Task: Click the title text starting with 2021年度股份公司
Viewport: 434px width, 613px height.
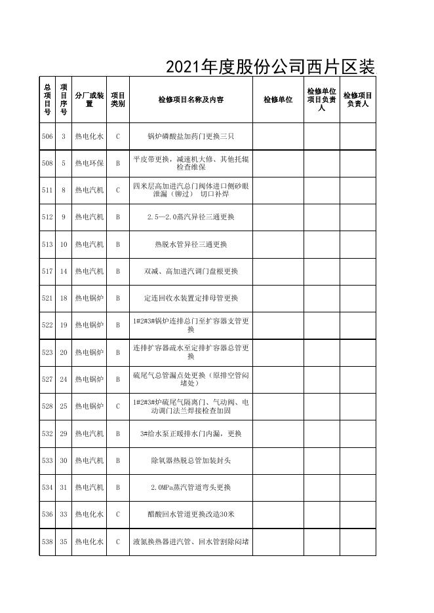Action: [270, 67]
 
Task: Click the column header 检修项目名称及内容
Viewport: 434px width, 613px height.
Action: [191, 100]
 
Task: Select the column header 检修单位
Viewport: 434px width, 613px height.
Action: [278, 100]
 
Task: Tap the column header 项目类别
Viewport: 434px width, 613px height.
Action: [118, 100]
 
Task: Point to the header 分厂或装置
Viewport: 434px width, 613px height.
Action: [89, 100]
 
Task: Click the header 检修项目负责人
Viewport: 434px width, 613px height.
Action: [358, 100]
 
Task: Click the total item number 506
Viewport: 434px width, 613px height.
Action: [47, 137]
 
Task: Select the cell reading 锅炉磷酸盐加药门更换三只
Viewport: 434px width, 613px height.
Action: [191, 137]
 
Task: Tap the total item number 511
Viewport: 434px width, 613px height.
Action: [47, 190]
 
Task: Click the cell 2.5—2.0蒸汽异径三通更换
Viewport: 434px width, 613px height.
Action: [191, 217]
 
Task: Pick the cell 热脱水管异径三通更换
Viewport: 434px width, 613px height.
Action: [191, 244]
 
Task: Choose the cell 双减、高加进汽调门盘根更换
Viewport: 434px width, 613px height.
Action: [191, 271]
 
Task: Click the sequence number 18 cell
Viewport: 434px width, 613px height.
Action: [64, 298]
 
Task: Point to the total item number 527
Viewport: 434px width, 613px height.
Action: [47, 379]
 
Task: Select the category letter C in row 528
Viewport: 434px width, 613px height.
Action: [118, 406]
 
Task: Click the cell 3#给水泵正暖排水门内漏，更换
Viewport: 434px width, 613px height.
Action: [191, 434]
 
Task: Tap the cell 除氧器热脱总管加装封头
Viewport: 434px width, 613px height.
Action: [191, 460]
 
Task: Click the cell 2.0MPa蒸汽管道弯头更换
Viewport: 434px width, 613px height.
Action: [191, 487]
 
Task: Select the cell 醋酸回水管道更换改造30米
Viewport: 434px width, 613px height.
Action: [191, 514]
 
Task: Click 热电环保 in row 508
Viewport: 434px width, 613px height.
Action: [89, 163]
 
